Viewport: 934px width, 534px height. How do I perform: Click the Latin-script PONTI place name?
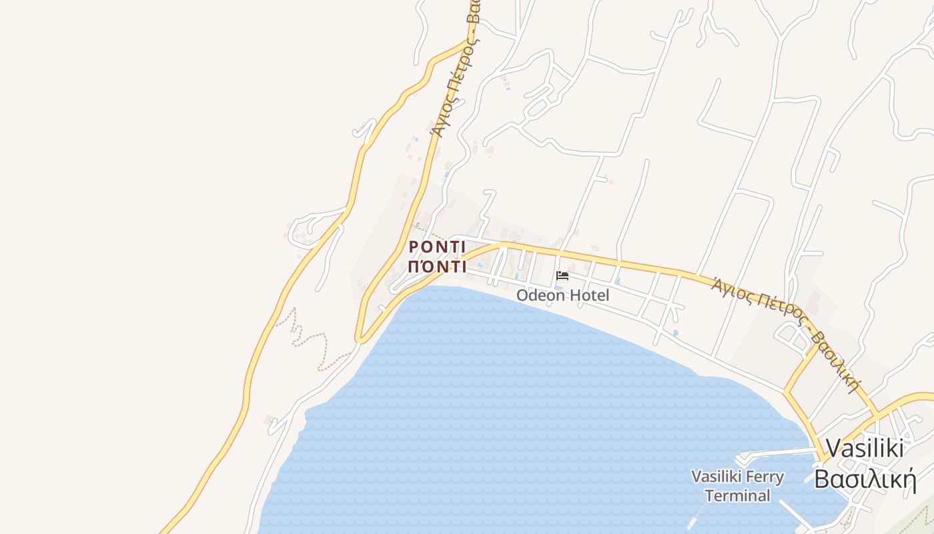pos(437,247)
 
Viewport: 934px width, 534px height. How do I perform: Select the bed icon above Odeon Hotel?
pos(562,276)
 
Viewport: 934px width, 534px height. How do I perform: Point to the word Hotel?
pos(588,294)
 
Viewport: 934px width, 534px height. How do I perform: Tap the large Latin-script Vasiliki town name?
pos(865,448)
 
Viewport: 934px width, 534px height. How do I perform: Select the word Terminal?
pos(737,496)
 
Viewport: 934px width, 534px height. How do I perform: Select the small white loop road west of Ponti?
pos(304,227)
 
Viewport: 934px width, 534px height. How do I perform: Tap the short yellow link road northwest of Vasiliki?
pos(801,368)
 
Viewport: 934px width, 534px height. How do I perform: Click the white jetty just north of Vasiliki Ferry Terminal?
pos(774,454)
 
